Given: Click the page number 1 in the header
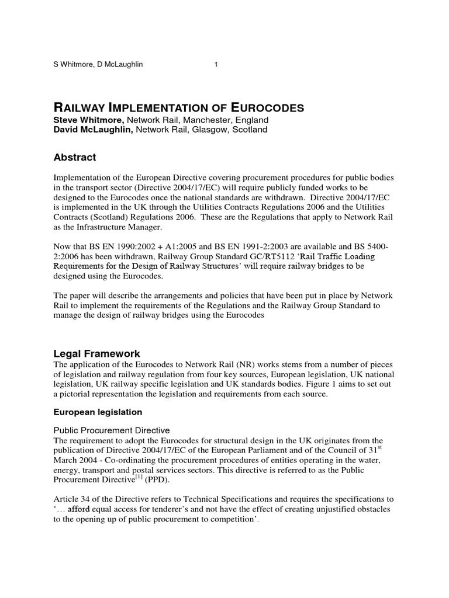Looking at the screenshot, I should pos(216,64).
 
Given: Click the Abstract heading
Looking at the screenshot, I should pos(75,158).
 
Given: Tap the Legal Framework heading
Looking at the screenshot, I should pos(97,354).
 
